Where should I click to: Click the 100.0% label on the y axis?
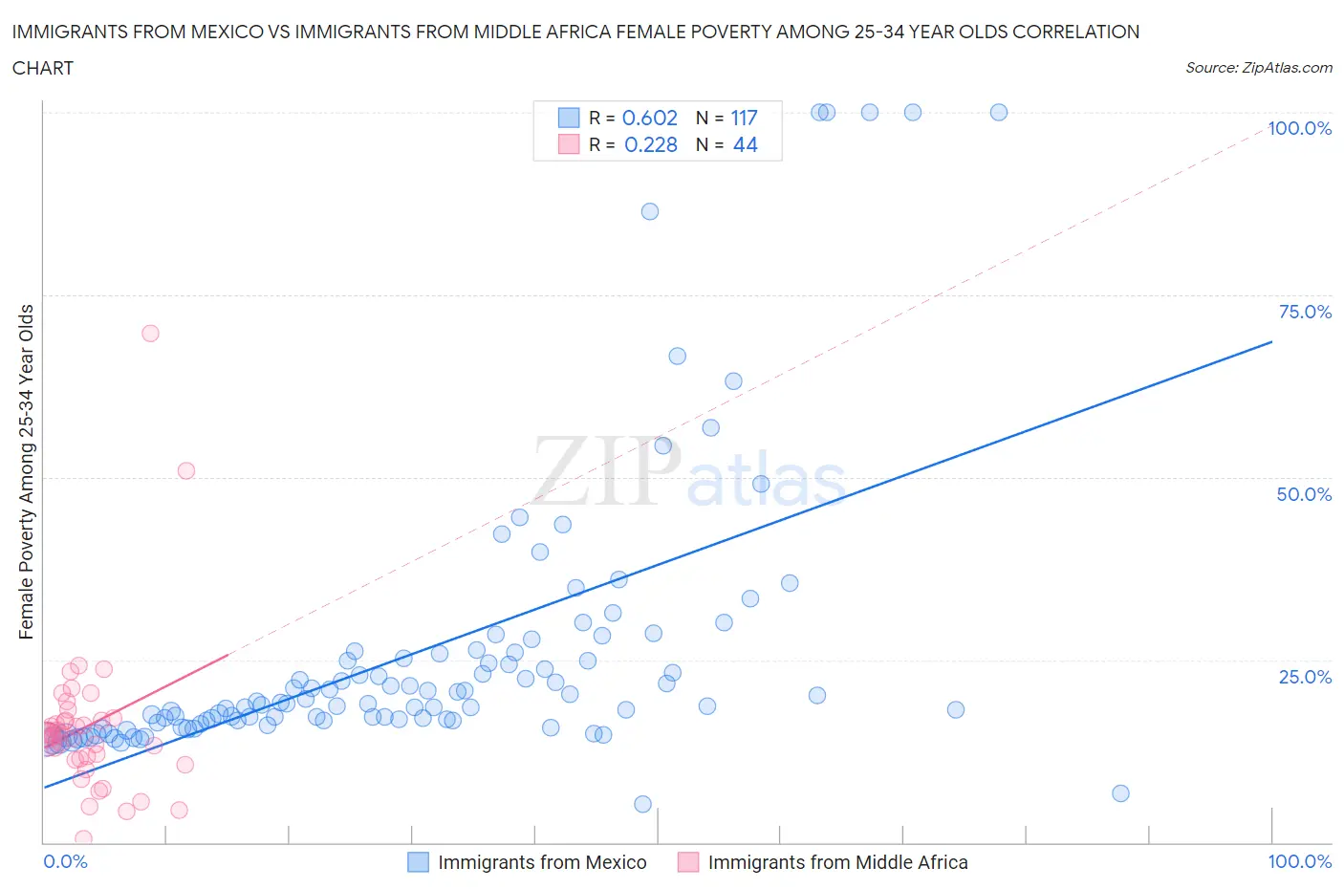point(1299,128)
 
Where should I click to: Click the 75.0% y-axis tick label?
point(1305,312)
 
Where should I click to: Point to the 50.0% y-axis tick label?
point(1304,494)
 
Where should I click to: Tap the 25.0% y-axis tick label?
point(1305,677)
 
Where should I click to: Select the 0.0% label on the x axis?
point(65,861)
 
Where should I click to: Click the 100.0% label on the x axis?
point(1299,861)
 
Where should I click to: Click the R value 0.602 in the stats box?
point(650,118)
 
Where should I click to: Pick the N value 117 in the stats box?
point(744,118)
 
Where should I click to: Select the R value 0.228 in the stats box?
point(650,144)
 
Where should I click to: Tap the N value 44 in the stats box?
point(745,144)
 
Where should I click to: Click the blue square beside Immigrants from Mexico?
point(418,862)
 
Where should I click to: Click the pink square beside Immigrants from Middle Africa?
point(688,862)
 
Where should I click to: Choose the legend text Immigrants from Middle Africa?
point(837,862)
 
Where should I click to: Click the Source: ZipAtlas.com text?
point(1258,67)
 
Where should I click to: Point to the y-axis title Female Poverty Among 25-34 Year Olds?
point(26,471)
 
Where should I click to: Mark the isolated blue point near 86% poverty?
point(650,211)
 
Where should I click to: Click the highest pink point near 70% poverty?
point(150,334)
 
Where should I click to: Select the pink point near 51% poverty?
point(186,470)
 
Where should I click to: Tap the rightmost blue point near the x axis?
point(1120,793)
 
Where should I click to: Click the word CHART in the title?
point(43,68)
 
